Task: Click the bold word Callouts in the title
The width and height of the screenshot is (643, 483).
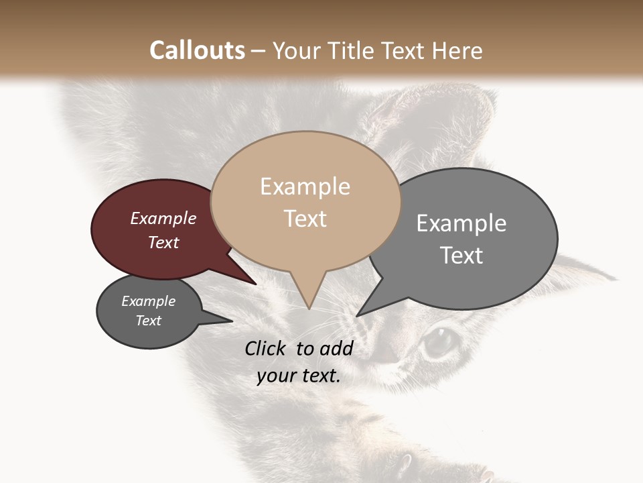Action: pyautogui.click(x=197, y=50)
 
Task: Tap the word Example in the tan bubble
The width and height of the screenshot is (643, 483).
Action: pyautogui.click(x=305, y=186)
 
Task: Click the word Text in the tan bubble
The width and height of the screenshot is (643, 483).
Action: pyautogui.click(x=305, y=219)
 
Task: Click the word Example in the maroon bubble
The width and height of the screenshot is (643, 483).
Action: pyautogui.click(x=163, y=218)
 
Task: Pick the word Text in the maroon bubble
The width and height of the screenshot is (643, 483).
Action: pyautogui.click(x=163, y=242)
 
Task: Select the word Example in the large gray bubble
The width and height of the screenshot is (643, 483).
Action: pyautogui.click(x=461, y=223)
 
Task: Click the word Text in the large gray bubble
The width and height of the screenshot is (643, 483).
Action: pyautogui.click(x=461, y=256)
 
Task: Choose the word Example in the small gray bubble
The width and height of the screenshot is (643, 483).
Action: pyautogui.click(x=148, y=301)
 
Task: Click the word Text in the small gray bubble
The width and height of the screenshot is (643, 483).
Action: pyautogui.click(x=148, y=321)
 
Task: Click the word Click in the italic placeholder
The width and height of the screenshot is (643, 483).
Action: pyautogui.click(x=266, y=348)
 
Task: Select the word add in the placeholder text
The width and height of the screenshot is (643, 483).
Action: pyautogui.click(x=336, y=348)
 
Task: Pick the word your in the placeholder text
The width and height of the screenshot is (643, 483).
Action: pyautogui.click(x=277, y=376)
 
